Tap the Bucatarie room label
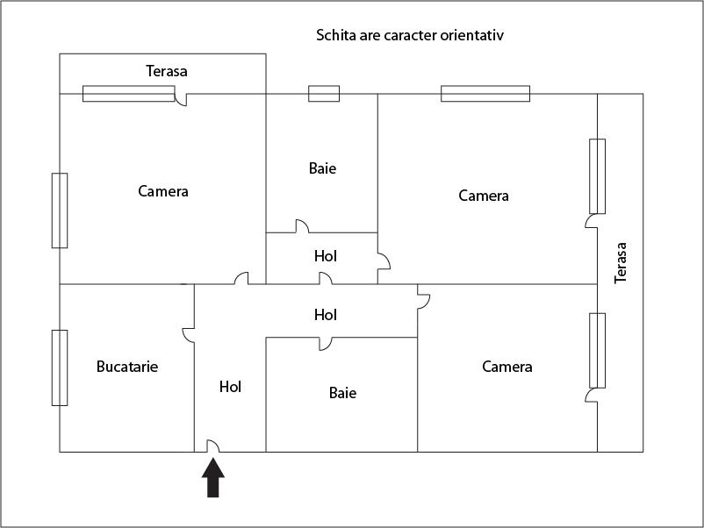(x=127, y=367)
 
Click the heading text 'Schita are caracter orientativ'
(x=409, y=36)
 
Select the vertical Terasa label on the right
(x=621, y=263)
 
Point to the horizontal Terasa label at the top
(x=167, y=70)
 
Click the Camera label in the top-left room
(x=163, y=190)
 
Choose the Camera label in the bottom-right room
(x=507, y=367)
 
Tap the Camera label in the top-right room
(x=484, y=196)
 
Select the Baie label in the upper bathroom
(x=322, y=168)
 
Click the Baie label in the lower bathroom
(x=342, y=393)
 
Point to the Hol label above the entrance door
(x=230, y=386)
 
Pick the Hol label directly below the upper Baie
(x=326, y=256)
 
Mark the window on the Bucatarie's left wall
(x=60, y=367)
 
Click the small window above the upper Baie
(x=323, y=93)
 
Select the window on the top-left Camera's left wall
(x=60, y=210)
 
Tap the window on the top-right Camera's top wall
(x=485, y=93)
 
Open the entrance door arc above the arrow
(x=212, y=446)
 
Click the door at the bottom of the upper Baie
(x=301, y=226)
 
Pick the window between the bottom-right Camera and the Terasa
(x=597, y=351)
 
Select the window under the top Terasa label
(x=128, y=93)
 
